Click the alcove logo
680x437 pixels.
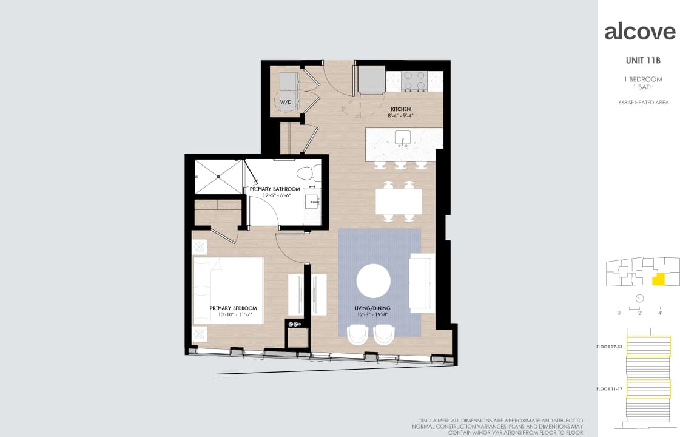639,32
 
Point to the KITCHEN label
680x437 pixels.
400,110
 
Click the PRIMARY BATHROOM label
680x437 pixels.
275,189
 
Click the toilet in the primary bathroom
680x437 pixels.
311,171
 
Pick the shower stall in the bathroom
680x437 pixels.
218,176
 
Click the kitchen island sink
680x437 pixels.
403,137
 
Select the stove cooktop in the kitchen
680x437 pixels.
414,80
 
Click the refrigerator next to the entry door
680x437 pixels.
371,79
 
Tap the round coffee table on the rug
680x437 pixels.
373,280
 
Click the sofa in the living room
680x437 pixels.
422,282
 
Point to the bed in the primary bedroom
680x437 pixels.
228,290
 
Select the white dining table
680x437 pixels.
398,201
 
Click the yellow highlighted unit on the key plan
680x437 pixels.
658,280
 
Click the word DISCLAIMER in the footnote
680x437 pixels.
434,421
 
